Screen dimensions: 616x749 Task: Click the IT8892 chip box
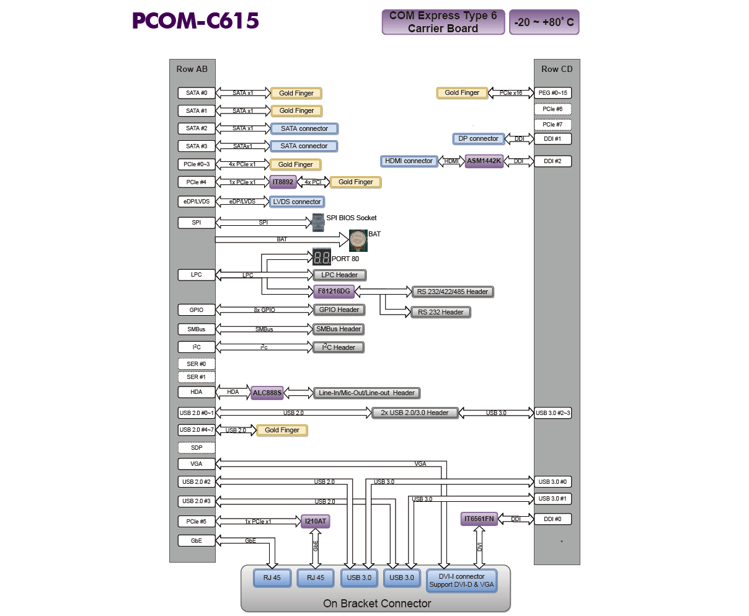point(283,182)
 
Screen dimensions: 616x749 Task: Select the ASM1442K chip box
point(484,161)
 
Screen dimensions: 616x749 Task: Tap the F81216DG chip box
point(334,291)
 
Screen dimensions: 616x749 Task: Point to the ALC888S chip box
point(267,393)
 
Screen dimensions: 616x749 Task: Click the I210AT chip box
point(315,521)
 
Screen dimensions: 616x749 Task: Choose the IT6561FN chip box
point(479,519)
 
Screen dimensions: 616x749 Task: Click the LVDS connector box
point(297,202)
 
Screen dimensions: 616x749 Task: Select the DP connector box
point(478,139)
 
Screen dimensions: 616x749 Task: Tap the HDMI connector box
point(409,161)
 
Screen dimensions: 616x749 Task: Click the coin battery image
point(358,240)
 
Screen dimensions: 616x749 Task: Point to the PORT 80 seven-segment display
point(321,257)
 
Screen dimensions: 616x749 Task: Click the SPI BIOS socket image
point(318,221)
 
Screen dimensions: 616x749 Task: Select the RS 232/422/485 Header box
point(453,292)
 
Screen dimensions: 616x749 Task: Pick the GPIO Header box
point(339,310)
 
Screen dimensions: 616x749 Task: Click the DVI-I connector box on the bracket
point(462,581)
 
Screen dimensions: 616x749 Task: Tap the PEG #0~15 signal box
point(552,93)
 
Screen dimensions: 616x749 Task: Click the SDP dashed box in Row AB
point(197,447)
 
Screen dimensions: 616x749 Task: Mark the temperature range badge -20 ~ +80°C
point(544,22)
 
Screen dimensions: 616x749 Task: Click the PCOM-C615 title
point(195,21)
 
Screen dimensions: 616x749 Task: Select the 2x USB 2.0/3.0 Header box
point(415,413)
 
